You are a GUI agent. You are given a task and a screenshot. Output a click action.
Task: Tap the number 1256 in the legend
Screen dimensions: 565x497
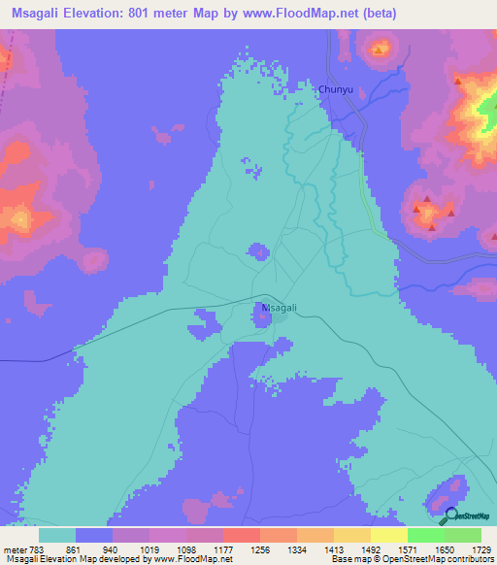pos(260,549)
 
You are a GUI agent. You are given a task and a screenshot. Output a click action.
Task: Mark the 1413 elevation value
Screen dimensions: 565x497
pos(334,549)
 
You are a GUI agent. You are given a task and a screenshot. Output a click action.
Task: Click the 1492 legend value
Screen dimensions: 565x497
pos(371,549)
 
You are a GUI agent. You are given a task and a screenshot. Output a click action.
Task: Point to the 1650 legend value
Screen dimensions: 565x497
pos(444,549)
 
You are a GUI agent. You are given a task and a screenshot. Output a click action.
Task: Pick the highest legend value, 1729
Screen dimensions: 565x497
pos(480,549)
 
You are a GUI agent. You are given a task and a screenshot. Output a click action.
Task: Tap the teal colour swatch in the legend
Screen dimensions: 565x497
pos(57,535)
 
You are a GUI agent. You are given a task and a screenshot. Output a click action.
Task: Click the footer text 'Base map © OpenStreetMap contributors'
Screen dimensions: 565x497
pos(412,560)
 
